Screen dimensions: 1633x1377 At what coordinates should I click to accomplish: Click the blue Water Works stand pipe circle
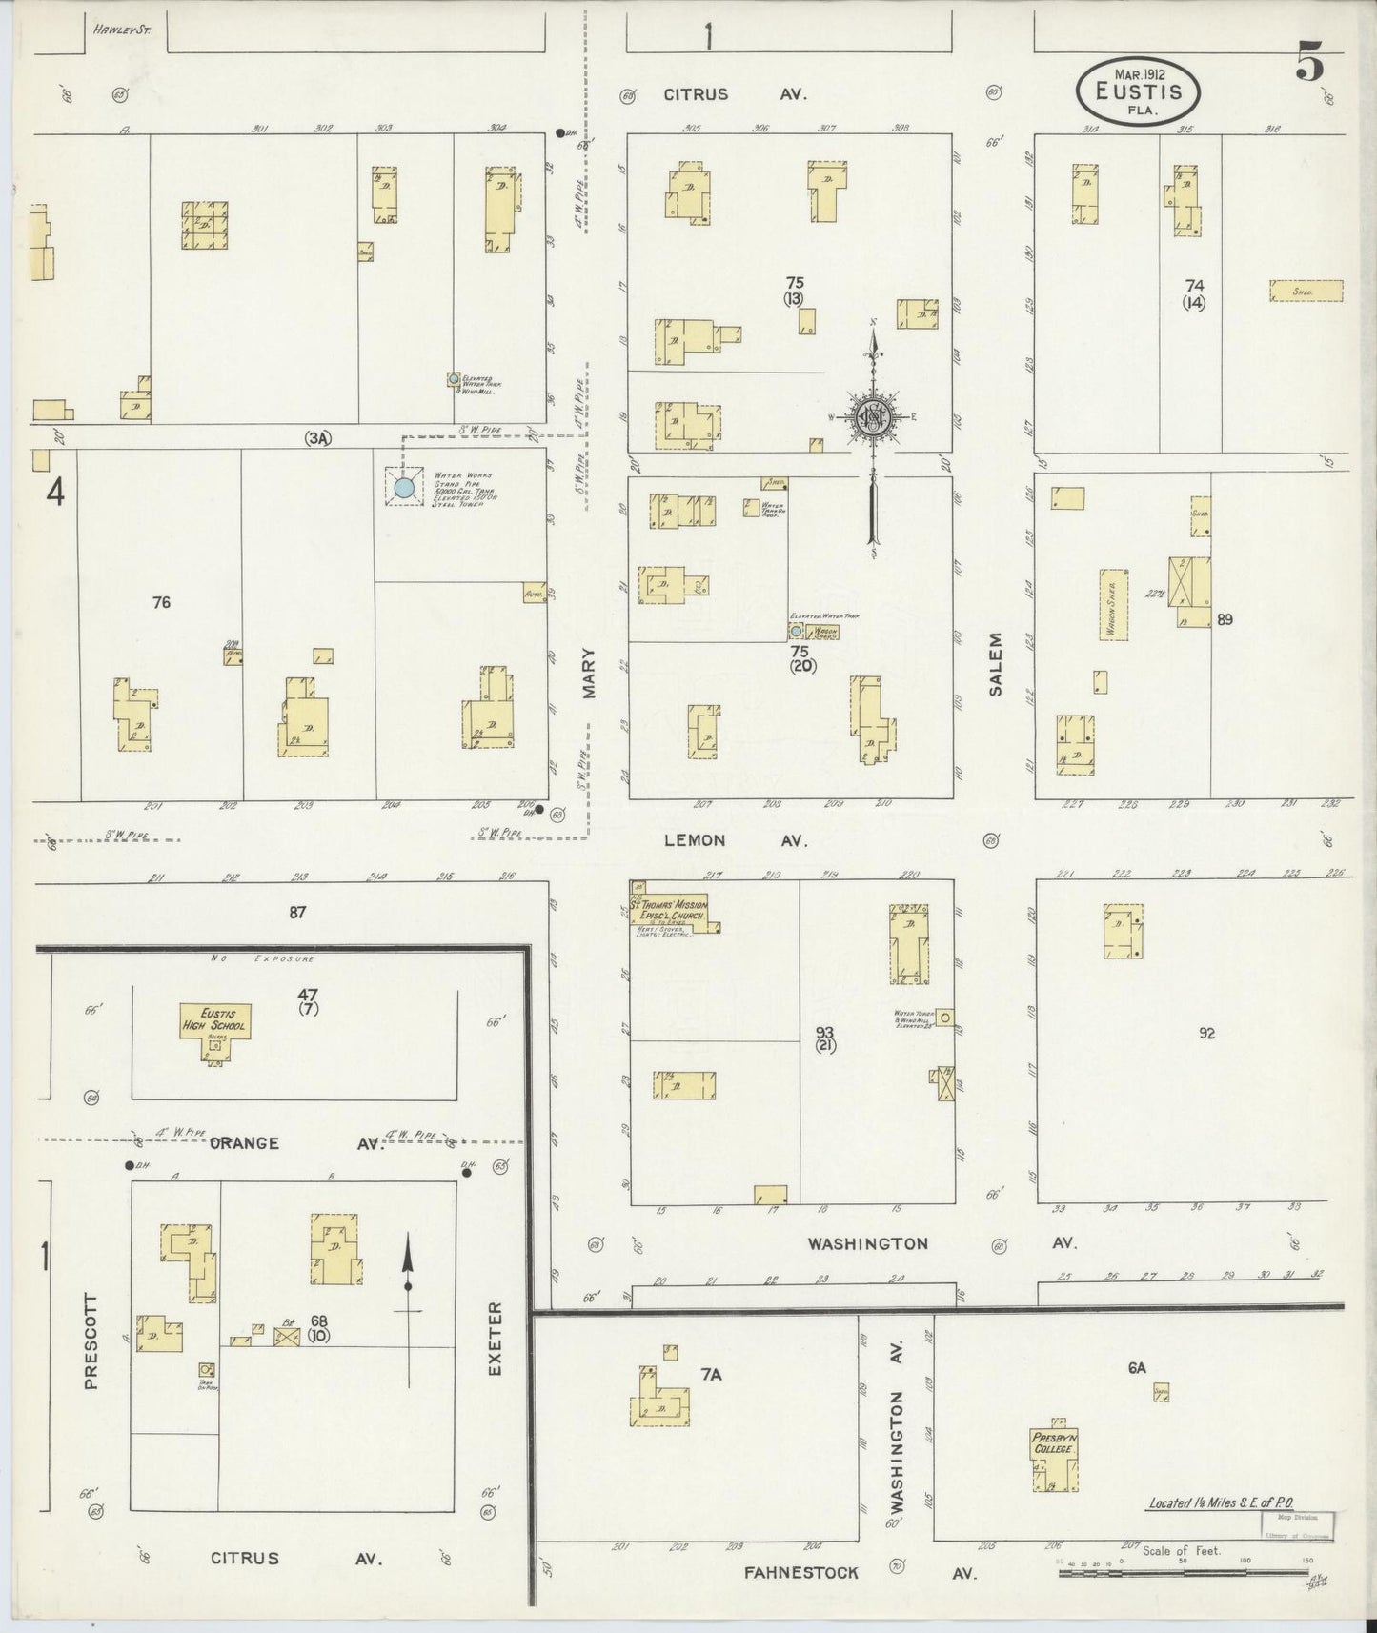point(403,489)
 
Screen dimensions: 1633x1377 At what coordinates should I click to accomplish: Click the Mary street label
point(589,674)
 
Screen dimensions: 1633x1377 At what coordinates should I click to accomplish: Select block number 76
point(161,602)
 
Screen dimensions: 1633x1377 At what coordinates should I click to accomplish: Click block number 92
point(1206,1033)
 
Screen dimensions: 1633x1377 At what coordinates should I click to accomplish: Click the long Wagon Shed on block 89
point(1113,605)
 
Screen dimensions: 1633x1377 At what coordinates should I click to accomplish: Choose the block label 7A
point(711,1375)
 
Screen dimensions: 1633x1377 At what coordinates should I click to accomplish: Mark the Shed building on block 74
point(1306,291)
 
